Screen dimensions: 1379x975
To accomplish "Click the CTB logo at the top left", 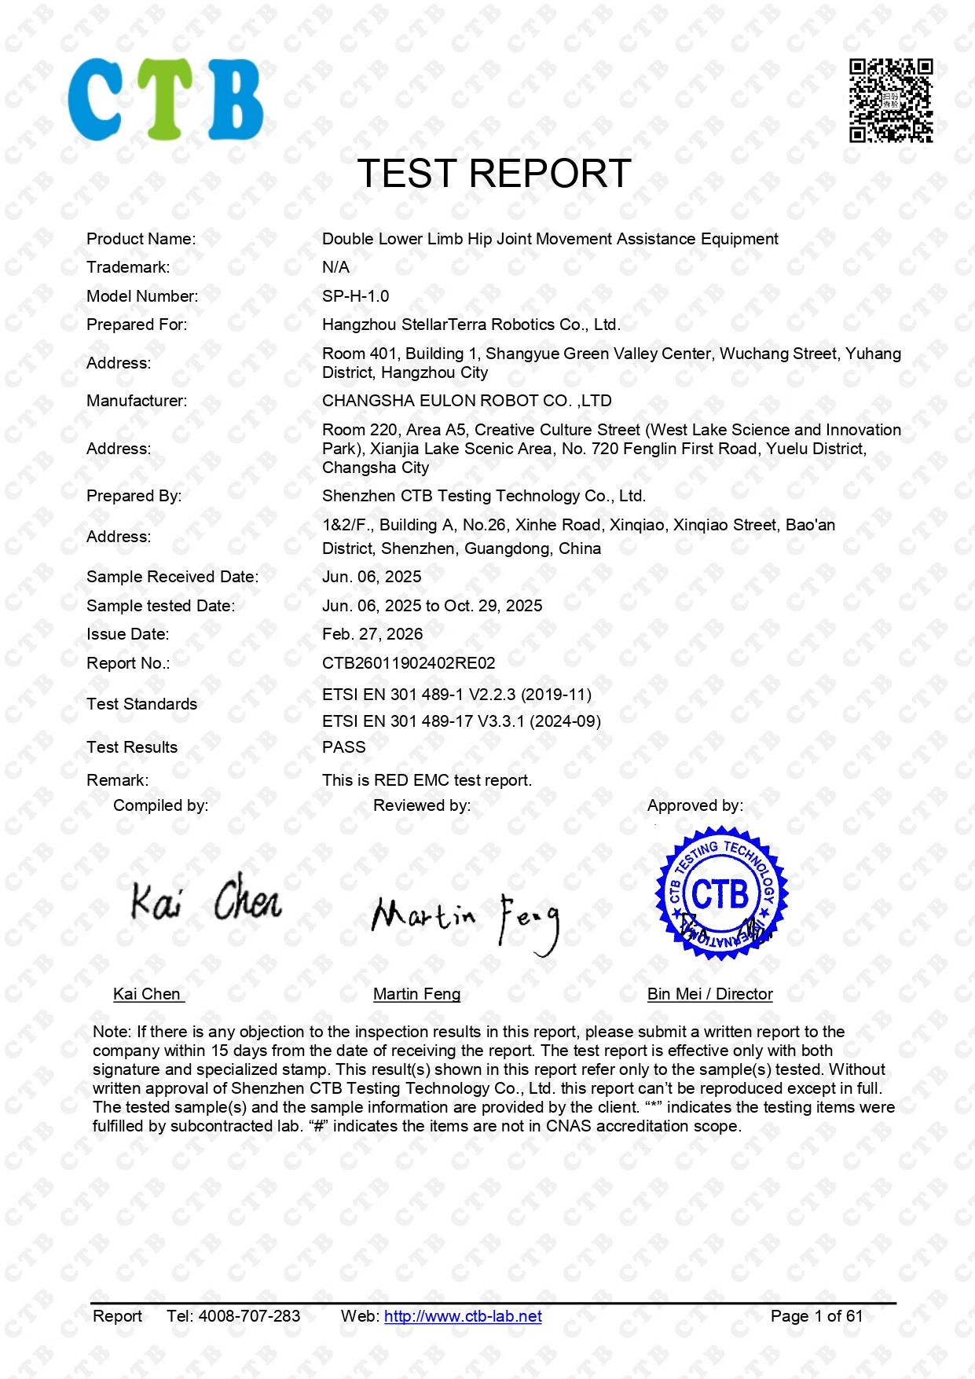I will click(166, 100).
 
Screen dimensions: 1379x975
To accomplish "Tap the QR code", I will click(890, 101).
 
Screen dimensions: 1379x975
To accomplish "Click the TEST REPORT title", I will click(494, 174).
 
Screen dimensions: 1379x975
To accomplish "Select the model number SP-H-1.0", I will click(355, 296).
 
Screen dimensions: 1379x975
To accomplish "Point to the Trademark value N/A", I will click(335, 267).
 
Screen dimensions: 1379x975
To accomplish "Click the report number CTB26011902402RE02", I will click(409, 663).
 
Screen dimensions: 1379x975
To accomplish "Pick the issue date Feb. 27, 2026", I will click(372, 634).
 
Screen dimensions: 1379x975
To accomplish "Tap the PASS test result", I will click(343, 747).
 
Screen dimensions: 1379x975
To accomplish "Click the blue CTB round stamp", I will click(720, 893).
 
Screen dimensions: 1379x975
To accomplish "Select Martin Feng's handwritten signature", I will click(465, 921).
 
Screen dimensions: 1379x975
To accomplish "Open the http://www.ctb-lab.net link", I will click(463, 1316).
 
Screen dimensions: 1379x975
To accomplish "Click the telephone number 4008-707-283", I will click(249, 1316).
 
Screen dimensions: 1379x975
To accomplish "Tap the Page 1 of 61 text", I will click(816, 1316).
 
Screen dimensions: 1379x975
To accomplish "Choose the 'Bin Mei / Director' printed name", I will click(709, 994).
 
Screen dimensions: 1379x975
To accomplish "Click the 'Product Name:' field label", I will click(141, 239).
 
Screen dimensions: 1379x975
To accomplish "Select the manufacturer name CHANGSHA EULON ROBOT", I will click(467, 401).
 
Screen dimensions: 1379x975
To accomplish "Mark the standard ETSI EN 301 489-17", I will click(461, 721).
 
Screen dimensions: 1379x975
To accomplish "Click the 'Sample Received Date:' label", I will click(172, 577).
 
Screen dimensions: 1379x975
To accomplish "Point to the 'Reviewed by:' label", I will click(422, 805).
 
